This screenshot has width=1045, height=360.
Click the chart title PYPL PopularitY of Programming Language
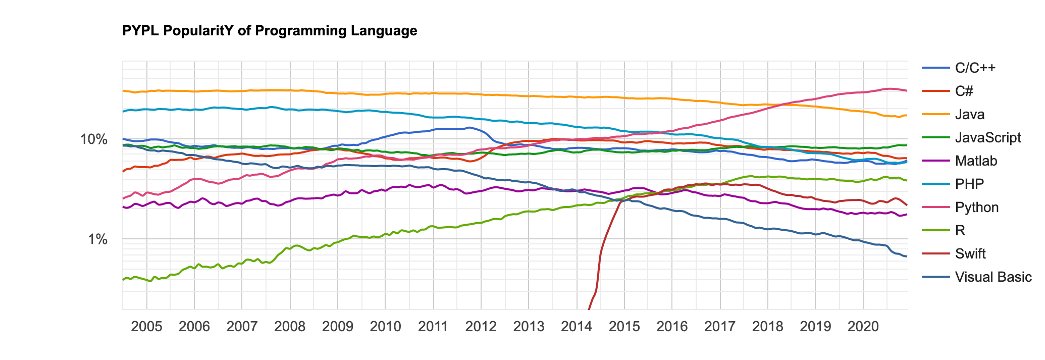pyautogui.click(x=270, y=31)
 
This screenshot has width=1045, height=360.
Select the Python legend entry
pyautogui.click(x=976, y=208)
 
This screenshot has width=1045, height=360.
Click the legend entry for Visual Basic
pyautogui.click(x=993, y=277)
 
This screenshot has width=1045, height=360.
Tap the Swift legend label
pyautogui.click(x=970, y=253)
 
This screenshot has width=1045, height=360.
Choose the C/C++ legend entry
pyautogui.click(x=975, y=68)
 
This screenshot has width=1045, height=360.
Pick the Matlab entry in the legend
pyautogui.click(x=976, y=161)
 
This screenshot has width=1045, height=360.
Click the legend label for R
pyautogui.click(x=960, y=231)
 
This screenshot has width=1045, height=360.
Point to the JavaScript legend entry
pyautogui.click(x=987, y=138)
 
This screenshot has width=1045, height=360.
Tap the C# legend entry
pyautogui.click(x=964, y=91)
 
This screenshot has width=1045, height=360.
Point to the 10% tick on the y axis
pyautogui.click(x=94, y=139)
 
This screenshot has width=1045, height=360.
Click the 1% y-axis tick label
pyautogui.click(x=97, y=239)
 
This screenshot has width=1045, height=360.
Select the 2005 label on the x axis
pyautogui.click(x=146, y=326)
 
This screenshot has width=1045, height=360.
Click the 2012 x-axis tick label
pyautogui.click(x=481, y=326)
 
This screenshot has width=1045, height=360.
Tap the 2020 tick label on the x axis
pyautogui.click(x=863, y=326)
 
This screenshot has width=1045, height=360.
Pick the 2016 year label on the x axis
pyautogui.click(x=672, y=326)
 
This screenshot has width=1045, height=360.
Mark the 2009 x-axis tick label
pyautogui.click(x=337, y=326)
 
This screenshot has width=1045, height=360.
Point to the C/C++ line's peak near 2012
pyautogui.click(x=469, y=127)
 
